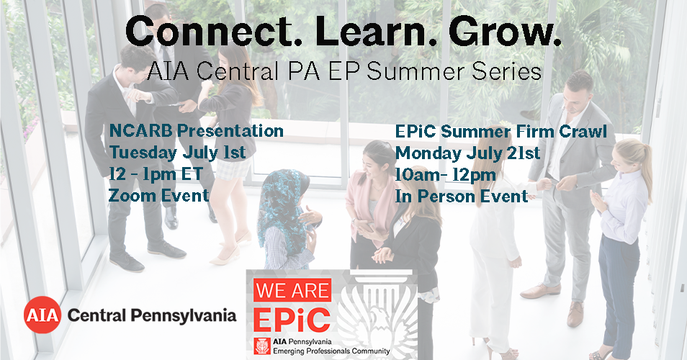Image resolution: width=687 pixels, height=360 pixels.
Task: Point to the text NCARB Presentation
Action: (197, 130)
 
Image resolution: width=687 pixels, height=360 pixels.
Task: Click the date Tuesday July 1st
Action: (177, 153)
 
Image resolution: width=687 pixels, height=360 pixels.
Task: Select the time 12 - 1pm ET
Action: (156, 174)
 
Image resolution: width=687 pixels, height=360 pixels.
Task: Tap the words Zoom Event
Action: (158, 195)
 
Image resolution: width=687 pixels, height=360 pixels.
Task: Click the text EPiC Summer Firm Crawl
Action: (500, 131)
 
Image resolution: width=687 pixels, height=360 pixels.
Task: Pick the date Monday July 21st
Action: (467, 153)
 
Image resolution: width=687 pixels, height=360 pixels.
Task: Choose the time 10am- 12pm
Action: (446, 175)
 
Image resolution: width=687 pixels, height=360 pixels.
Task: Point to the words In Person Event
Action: (462, 197)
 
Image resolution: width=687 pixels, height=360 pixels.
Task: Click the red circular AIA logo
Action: (42, 315)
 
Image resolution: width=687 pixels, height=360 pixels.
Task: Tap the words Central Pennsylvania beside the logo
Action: (152, 315)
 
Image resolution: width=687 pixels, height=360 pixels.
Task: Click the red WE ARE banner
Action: (292, 290)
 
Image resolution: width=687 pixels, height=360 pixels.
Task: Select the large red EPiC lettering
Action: (292, 320)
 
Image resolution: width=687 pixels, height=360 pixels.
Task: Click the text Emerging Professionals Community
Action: (331, 351)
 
